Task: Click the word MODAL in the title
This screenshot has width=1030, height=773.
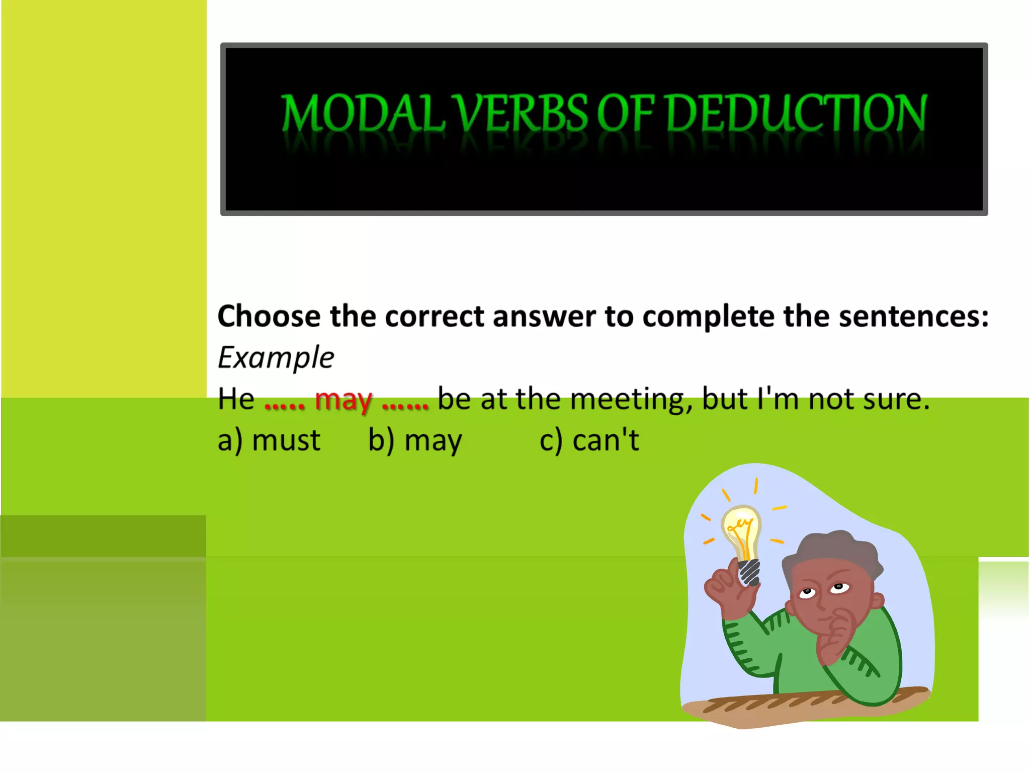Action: [x=362, y=113]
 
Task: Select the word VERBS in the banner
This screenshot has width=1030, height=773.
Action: [x=521, y=113]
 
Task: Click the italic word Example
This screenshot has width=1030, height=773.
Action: [x=276, y=358]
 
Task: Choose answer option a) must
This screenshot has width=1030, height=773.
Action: [x=269, y=440]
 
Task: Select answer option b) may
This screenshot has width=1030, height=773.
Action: [x=415, y=440]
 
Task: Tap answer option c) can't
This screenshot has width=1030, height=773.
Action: [x=589, y=440]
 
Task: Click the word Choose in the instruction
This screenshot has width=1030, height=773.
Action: [x=269, y=317]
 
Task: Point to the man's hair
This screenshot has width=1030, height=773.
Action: [x=835, y=551]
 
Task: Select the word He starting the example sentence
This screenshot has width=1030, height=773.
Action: [x=236, y=399]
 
